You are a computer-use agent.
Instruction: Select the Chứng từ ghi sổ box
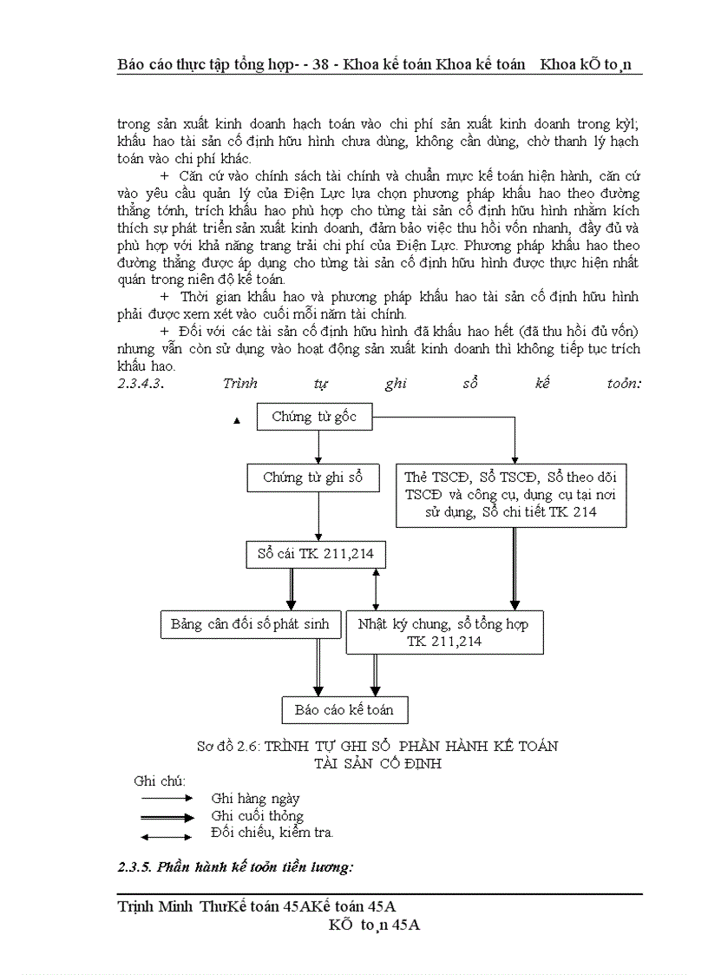tap(312, 478)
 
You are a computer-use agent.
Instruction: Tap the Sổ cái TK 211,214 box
tap(316, 554)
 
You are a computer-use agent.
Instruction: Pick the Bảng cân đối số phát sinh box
tap(250, 624)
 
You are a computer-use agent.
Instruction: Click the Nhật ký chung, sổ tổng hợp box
tap(444, 633)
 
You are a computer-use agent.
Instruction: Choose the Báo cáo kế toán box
tap(344, 709)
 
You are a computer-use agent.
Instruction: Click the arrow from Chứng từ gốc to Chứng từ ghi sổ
tap(320, 446)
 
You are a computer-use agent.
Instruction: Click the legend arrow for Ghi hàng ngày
tap(166, 797)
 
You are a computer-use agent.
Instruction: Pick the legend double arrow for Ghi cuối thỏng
tap(166, 816)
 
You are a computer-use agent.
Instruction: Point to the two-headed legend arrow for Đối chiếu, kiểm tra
tap(166, 837)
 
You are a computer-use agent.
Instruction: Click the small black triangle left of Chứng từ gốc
tap(236, 421)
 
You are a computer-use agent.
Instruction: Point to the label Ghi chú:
tap(160, 781)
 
